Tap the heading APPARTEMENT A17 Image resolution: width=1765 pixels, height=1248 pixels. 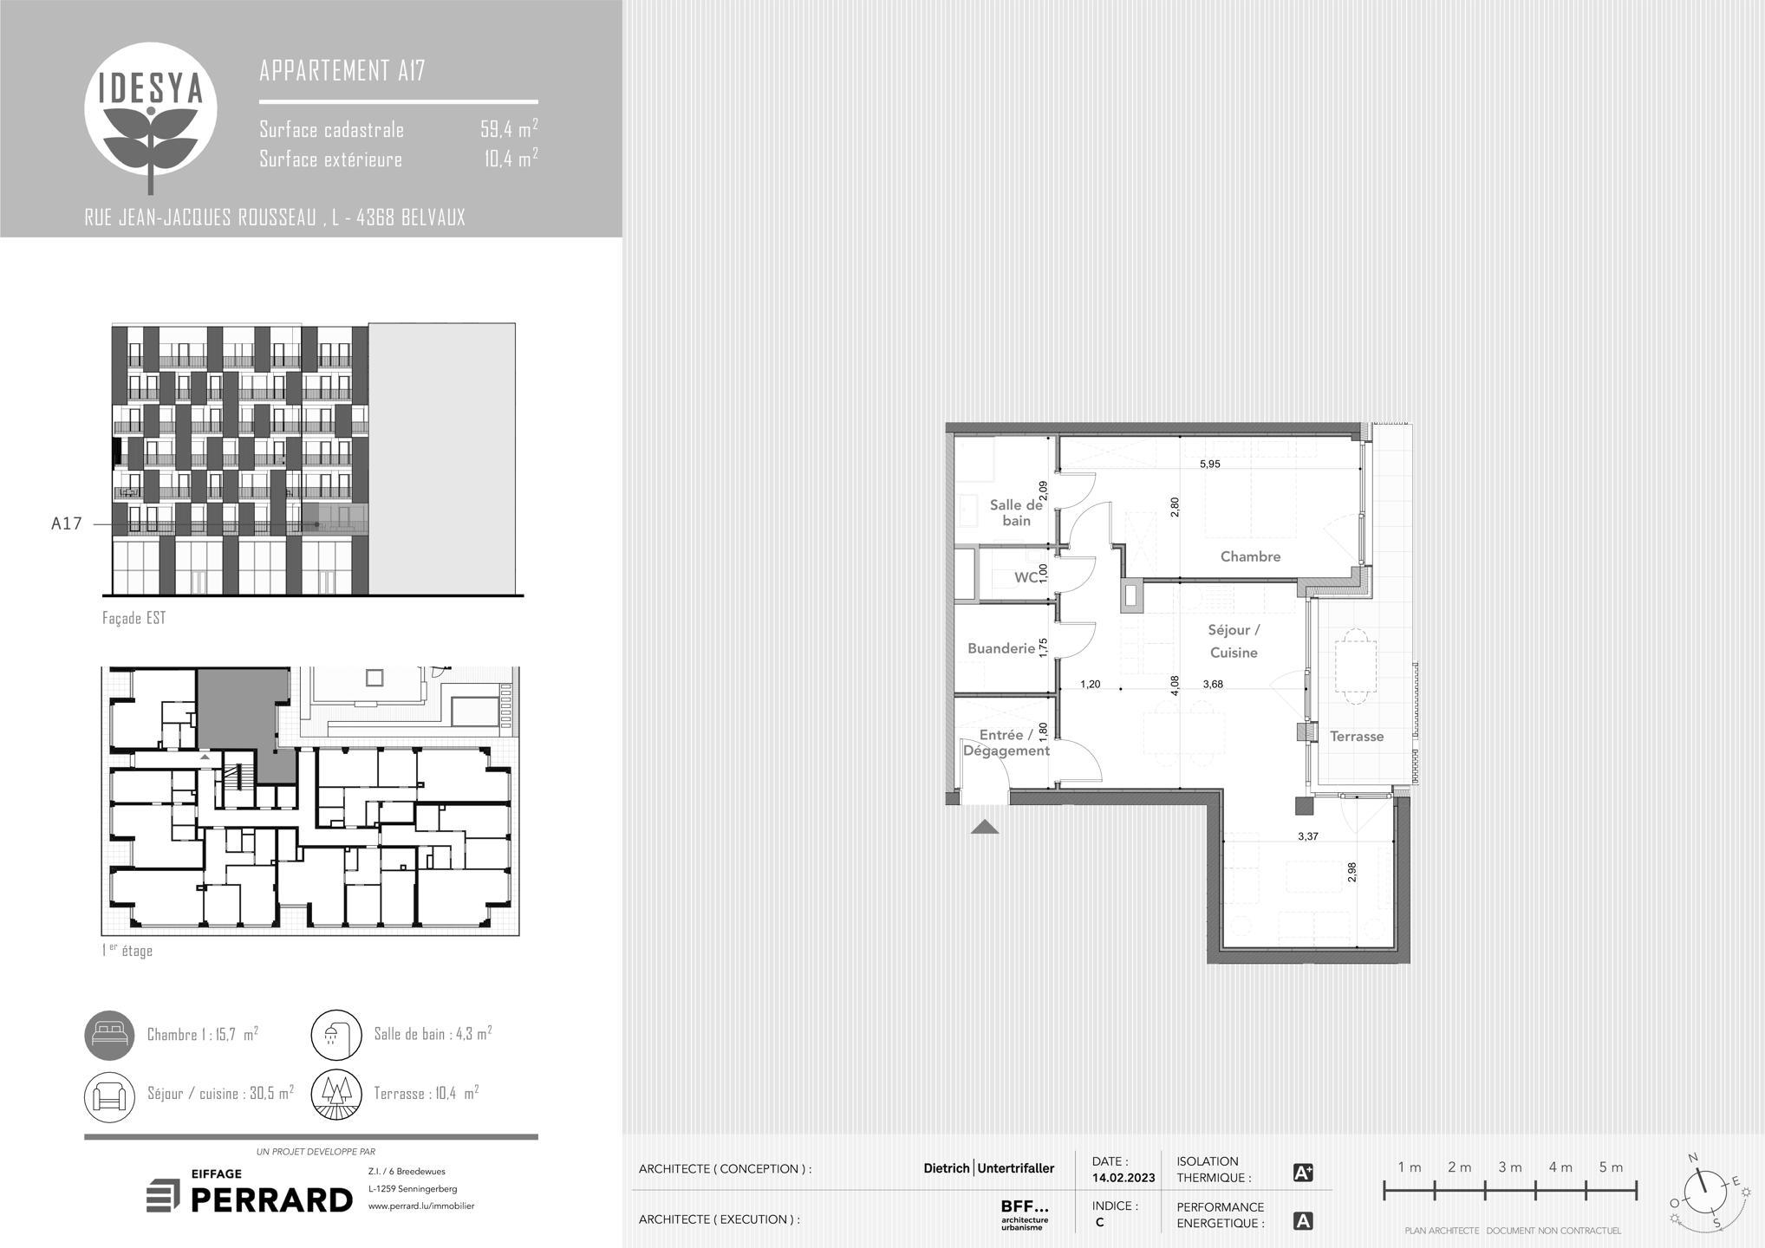coord(342,70)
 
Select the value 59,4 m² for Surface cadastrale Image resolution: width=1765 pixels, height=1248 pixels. coord(509,129)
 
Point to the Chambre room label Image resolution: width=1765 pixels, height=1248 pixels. coord(1250,556)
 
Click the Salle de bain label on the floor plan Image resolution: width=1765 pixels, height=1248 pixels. coord(1016,512)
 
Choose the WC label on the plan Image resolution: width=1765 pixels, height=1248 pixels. coord(1026,577)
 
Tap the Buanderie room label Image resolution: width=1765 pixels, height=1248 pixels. coord(1001,648)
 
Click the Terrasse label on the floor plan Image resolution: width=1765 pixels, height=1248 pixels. coord(1357,736)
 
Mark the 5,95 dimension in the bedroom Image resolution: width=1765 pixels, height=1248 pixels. coord(1209,464)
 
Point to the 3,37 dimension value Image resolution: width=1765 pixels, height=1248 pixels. coord(1308,836)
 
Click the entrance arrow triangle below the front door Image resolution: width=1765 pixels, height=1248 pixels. coord(985,827)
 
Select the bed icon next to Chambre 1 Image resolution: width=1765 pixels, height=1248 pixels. coord(109,1035)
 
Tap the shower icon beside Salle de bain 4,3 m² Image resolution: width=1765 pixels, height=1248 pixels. coord(336,1035)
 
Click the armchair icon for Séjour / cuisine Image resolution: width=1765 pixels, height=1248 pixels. coord(109,1095)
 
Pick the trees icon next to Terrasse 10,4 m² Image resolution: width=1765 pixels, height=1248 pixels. coord(336,1095)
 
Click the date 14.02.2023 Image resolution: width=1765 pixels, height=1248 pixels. coord(1123,1178)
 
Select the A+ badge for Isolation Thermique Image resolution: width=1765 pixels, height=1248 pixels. coord(1302,1173)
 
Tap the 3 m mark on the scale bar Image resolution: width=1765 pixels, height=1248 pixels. coord(1510,1167)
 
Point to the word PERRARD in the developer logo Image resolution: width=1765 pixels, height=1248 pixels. coord(271,1199)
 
